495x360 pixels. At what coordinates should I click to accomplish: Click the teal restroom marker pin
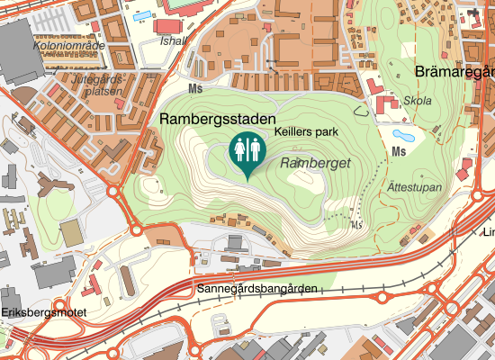(247, 151)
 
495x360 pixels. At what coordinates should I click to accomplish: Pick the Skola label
(418, 101)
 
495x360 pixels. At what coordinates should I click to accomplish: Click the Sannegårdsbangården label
(256, 289)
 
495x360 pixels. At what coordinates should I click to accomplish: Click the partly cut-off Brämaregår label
(455, 71)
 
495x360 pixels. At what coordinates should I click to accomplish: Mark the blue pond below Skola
(404, 137)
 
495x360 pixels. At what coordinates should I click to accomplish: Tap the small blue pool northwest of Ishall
(142, 15)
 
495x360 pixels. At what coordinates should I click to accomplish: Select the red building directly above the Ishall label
(168, 26)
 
